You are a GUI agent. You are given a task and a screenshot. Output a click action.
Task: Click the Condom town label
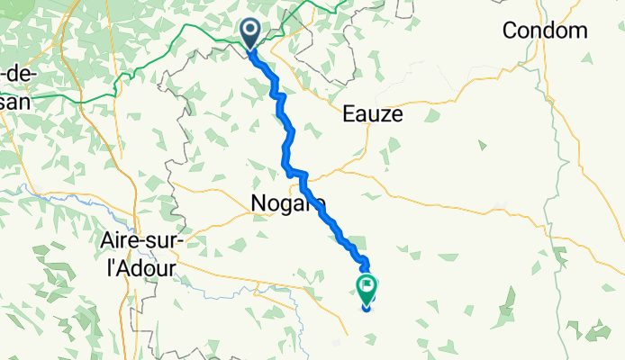[545, 31]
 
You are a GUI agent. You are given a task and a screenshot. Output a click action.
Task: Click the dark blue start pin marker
[250, 34]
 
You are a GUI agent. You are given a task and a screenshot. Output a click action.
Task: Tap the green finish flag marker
[367, 288]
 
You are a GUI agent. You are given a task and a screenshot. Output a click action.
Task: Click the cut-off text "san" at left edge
[14, 101]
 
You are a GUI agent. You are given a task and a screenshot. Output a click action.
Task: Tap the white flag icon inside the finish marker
[367, 286]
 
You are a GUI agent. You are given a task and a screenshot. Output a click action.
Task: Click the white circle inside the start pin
[250, 32]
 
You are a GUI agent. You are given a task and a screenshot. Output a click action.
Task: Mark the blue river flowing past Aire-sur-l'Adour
[54, 193]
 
